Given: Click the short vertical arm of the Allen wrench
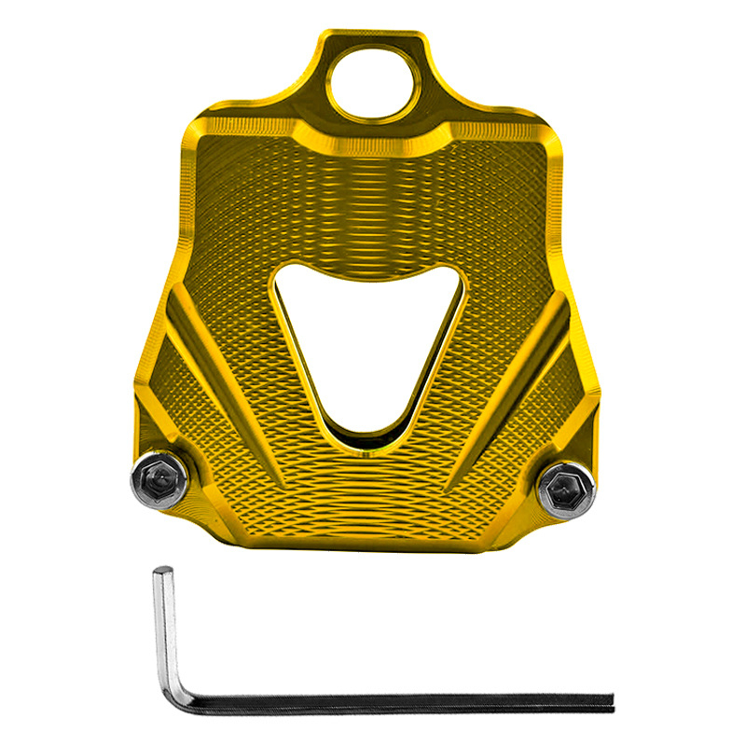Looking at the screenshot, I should pos(164,625).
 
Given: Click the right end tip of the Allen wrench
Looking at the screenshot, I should pos(611,702).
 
